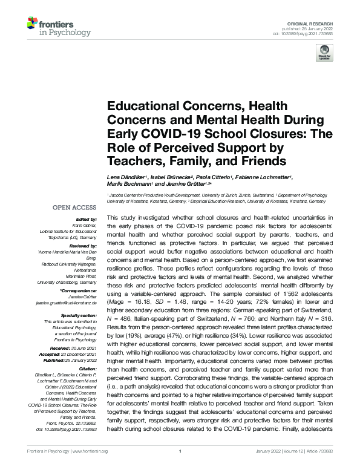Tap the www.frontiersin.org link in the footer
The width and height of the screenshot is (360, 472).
(90, 468)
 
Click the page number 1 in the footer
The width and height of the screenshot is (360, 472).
(180, 468)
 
